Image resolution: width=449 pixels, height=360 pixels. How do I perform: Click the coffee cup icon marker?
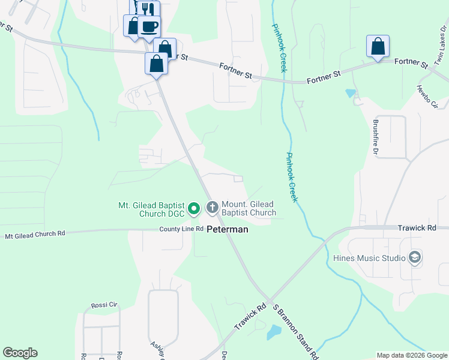pos(149,27)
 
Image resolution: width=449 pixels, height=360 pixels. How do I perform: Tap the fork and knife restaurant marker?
pos(146,9)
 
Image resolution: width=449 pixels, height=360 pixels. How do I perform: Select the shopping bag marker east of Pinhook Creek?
pos(378,46)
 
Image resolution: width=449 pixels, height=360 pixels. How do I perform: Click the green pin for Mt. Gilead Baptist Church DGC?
pos(194,208)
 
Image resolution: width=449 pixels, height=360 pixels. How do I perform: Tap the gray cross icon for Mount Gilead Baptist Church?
pos(212,208)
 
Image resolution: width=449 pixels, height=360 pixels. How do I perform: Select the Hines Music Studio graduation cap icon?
pos(414,258)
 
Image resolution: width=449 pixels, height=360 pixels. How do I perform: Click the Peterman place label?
pos(228,229)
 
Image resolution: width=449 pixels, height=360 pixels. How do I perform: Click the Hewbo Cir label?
pos(427,96)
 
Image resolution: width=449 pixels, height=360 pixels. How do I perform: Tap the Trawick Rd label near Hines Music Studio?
pos(417,228)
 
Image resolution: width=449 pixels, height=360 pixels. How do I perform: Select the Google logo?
pos(20,353)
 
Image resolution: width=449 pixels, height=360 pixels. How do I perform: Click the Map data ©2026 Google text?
pos(411,355)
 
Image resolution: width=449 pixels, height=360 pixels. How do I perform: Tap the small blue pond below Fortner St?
pos(351,94)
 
